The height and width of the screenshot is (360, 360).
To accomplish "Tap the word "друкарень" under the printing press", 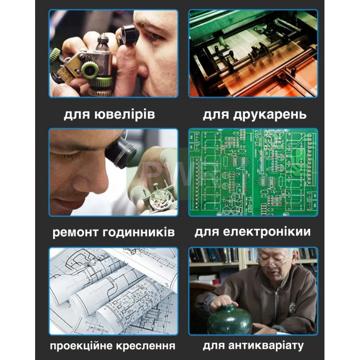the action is point(270,115).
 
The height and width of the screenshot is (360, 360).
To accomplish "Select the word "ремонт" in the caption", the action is point(75,232).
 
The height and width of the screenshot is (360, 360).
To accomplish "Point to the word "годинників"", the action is point(139,232).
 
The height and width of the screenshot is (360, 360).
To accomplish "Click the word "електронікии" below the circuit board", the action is point(267,231).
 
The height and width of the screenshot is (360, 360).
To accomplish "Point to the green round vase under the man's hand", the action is point(229,319).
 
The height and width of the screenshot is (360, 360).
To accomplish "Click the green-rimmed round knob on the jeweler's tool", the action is point(90,71).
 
